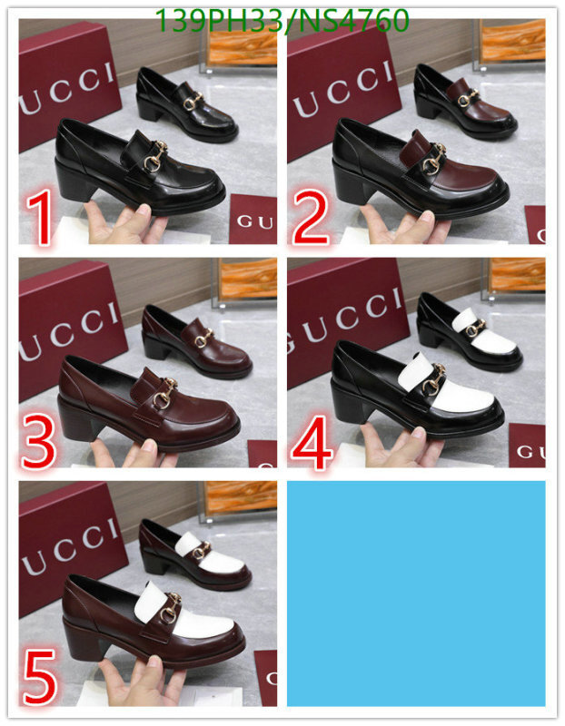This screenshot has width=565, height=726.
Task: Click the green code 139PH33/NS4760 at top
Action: point(282,20)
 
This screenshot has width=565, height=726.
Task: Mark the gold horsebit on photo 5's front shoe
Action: point(168,613)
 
